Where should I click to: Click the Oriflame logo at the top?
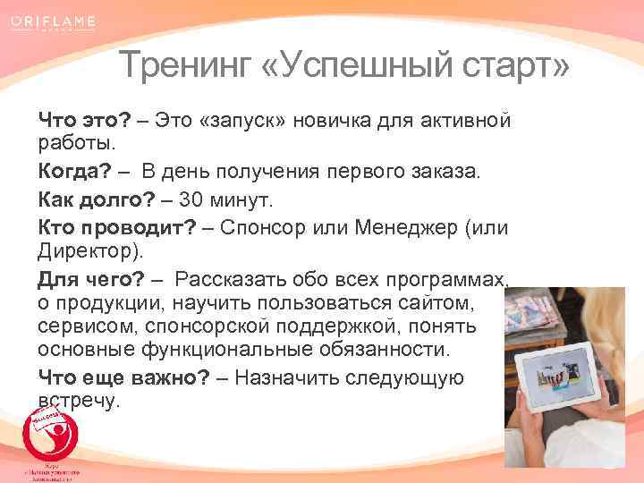55,21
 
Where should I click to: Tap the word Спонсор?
268,227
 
